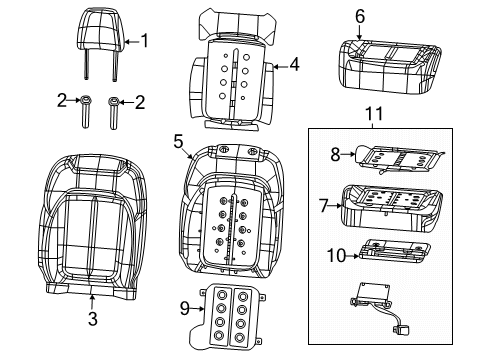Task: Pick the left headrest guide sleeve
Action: [86, 113]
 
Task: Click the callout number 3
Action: [93, 319]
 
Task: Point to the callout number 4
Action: [294, 66]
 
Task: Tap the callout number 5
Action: [179, 142]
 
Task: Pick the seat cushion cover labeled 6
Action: [388, 60]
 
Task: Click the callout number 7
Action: [324, 205]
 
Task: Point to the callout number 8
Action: [336, 154]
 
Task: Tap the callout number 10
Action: [336, 256]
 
